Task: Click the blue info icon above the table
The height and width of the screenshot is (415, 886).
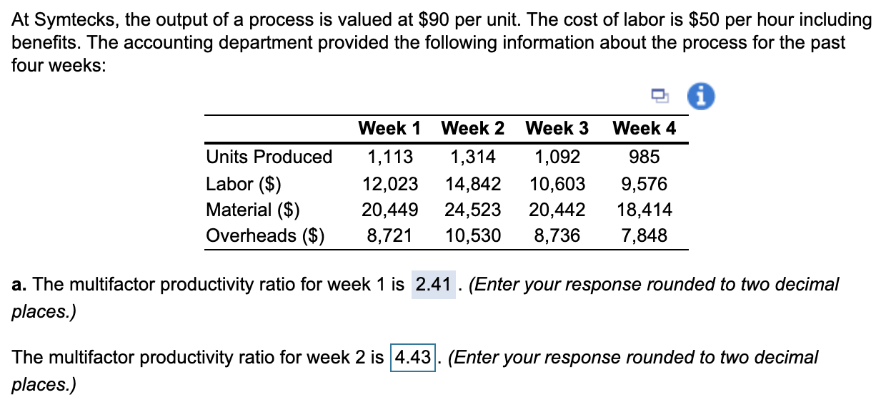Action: pos(700,94)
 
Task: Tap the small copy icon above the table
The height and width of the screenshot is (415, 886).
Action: pos(660,95)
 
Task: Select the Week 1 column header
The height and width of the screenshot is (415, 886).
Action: pos(389,129)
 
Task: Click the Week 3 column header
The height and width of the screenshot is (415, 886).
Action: pos(557,129)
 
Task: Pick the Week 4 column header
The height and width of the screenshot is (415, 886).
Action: pos(644,129)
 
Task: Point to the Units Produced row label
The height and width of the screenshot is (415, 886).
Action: pos(269,157)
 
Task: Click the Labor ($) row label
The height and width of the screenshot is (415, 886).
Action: pos(243,184)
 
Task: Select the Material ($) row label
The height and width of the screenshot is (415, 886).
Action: pos(252,210)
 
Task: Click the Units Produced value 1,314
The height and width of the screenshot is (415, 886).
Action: pos(472,157)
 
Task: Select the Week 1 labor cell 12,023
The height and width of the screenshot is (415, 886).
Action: pos(390,184)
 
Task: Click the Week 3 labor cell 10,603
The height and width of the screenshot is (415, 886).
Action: pos(557,184)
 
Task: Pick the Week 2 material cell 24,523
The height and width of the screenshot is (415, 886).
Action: pos(472,210)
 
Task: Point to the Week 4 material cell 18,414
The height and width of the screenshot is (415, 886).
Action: pos(644,210)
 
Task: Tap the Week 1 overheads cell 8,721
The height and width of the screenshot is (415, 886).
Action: pos(390,235)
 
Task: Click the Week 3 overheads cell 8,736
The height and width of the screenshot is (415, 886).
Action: pos(557,235)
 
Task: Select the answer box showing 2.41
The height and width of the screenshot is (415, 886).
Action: pos(433,285)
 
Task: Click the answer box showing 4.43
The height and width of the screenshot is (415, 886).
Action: pos(414,356)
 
